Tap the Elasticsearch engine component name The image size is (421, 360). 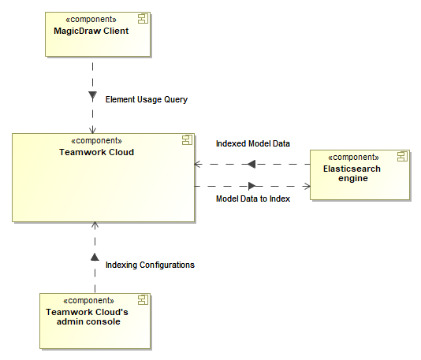click(x=352, y=173)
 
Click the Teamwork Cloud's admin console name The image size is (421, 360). click(x=87, y=317)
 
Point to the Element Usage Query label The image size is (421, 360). click(x=146, y=99)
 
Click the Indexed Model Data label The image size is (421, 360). click(x=252, y=143)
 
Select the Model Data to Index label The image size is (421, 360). click(x=252, y=199)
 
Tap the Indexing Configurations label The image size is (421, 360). click(x=150, y=265)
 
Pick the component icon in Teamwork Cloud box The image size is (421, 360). click(x=188, y=140)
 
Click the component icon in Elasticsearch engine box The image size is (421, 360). click(x=401, y=156)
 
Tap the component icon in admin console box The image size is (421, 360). click(x=143, y=300)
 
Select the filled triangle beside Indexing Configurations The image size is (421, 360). click(x=94, y=258)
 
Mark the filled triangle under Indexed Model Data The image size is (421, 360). click(x=251, y=164)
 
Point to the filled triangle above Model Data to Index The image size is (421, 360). click(x=251, y=186)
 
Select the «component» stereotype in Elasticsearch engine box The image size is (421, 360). click(x=352, y=157)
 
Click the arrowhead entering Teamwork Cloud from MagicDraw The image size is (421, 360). click(x=93, y=130)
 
